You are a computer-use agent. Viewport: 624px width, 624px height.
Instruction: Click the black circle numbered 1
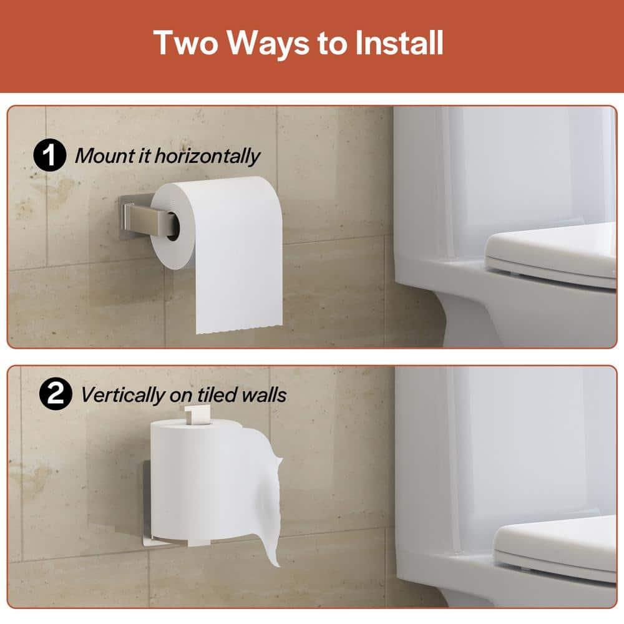pyautogui.click(x=49, y=155)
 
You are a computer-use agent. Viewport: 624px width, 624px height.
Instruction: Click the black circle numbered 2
pyautogui.click(x=56, y=395)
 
